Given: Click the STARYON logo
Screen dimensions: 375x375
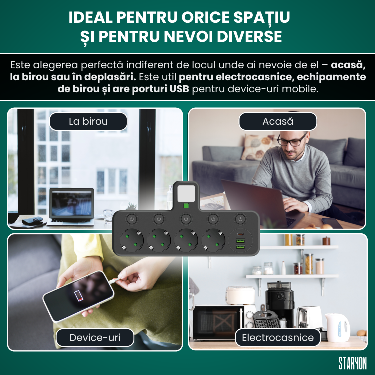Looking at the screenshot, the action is click(x=352, y=363).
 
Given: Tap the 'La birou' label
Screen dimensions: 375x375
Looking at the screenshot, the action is click(x=88, y=121).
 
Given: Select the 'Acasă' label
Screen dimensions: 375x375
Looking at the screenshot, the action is click(x=278, y=121).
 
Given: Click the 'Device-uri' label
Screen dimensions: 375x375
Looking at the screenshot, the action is click(x=95, y=337).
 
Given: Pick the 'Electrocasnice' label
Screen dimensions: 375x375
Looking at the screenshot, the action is click(x=278, y=337).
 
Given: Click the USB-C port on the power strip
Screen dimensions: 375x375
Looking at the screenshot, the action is click(x=240, y=234).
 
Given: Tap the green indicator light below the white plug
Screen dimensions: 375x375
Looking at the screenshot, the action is click(x=186, y=206).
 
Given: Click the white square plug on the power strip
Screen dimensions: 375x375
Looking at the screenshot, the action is click(x=186, y=193).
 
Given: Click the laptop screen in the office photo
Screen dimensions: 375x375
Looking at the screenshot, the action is click(x=72, y=203).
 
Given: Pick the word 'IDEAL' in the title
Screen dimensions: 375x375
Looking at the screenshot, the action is click(x=90, y=17).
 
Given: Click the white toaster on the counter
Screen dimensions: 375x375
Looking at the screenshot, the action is click(x=309, y=317).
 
